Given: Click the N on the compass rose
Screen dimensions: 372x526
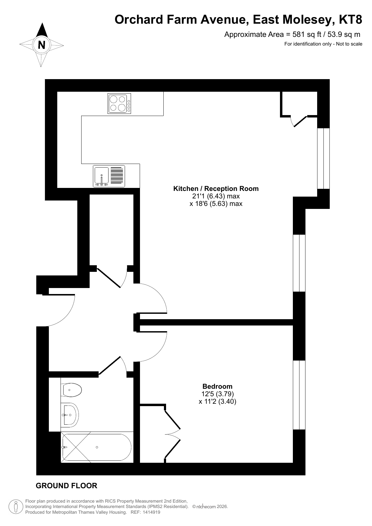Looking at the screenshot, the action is tap(42, 45).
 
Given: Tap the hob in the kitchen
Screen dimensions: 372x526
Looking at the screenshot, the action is tap(119, 103).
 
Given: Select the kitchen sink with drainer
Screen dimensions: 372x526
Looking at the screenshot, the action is tap(109, 176).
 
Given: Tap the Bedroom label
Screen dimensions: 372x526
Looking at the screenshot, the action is tap(217, 386).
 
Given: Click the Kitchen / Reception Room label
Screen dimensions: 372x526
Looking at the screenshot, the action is tap(216, 189).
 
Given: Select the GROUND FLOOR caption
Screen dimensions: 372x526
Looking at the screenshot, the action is tap(67, 486).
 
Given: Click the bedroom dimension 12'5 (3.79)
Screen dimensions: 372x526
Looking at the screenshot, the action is tap(218, 394).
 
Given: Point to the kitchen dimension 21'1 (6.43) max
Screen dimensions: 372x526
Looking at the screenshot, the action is tap(216, 196).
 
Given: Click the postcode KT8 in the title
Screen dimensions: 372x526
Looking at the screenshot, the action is tap(350, 20).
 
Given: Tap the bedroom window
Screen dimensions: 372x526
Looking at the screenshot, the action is tap(299, 395).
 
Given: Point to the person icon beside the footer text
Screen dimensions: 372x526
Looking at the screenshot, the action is tap(16, 507).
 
